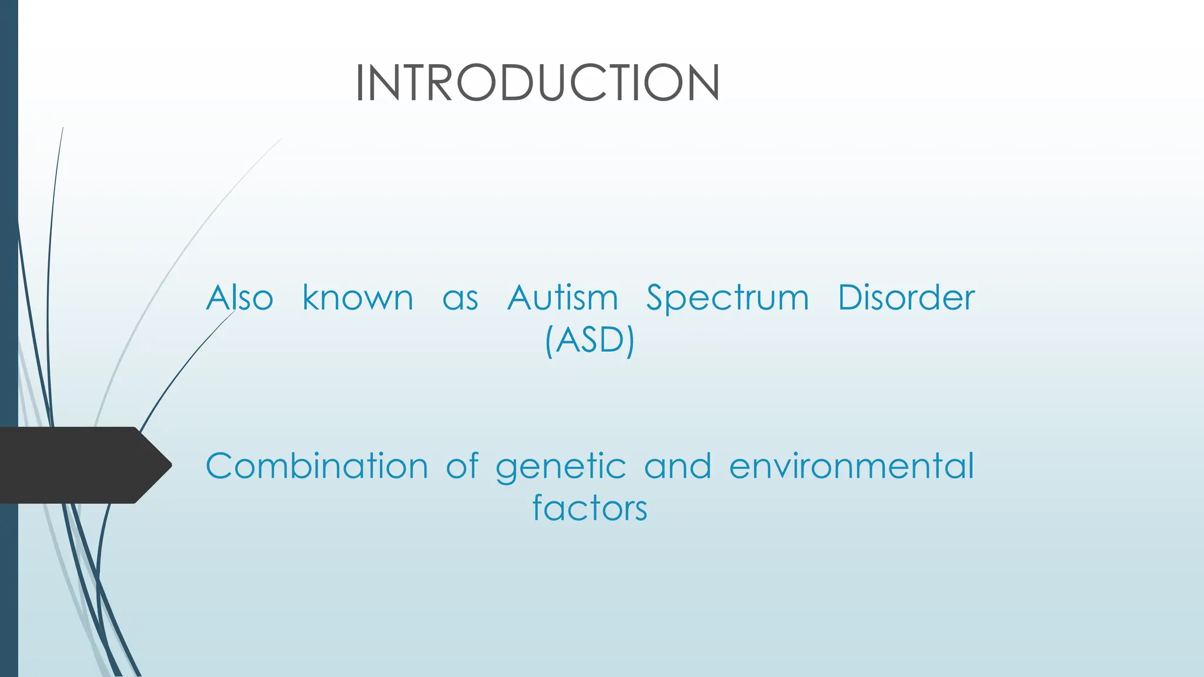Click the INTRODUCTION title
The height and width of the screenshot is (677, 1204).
[x=537, y=83]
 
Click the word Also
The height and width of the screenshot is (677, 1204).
[x=239, y=297]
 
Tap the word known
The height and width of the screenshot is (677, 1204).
[x=357, y=297]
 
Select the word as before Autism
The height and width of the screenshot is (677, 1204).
[x=460, y=299]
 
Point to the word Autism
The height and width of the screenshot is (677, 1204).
[x=563, y=297]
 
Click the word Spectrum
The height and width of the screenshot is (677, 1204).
[x=727, y=299]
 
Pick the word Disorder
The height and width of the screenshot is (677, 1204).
[x=906, y=297]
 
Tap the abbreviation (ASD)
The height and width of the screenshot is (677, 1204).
[x=590, y=340]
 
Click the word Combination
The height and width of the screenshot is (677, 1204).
[x=317, y=466]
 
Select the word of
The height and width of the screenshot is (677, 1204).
[x=463, y=466]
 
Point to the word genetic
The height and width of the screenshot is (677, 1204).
[x=561, y=467]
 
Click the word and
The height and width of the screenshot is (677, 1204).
[x=677, y=466]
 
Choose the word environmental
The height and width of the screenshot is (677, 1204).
[x=851, y=466]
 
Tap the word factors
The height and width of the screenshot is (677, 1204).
[x=590, y=508]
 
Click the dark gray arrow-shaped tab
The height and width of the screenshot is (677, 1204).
[x=76, y=465]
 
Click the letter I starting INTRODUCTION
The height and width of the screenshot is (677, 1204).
[x=360, y=83]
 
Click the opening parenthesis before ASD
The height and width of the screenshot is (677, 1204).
[x=549, y=341]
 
